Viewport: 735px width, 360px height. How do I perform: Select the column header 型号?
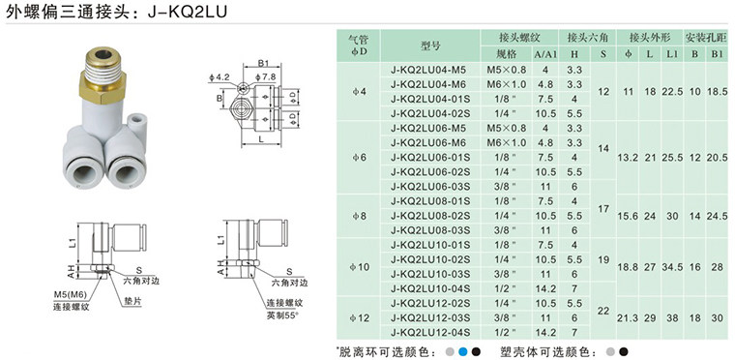430,45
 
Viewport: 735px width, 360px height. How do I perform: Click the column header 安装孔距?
705,37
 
